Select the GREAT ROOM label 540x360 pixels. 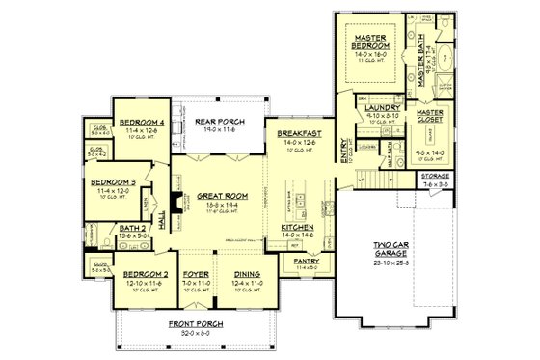point(217,194)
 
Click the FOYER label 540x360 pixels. point(197,273)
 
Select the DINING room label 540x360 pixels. point(247,273)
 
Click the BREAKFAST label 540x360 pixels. point(297,133)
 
